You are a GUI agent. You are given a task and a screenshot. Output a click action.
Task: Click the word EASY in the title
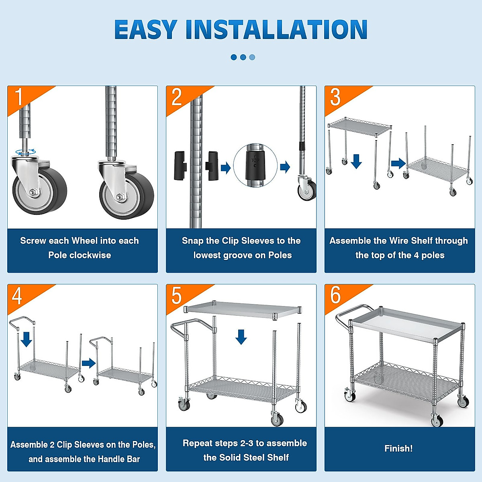coord(146,29)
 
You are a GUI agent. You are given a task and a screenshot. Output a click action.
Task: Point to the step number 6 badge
coord(335,295)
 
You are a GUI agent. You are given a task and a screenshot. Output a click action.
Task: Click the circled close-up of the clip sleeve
coord(255,165)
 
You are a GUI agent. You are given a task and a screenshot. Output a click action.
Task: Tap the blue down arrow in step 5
coord(241,337)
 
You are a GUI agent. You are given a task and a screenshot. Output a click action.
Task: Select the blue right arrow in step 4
coord(88,363)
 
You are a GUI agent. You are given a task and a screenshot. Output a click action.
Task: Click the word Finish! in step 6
coord(398,448)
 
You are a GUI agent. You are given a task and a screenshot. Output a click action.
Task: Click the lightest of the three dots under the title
coord(252,57)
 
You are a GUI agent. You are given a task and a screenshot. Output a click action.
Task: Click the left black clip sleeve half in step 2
coord(180,165)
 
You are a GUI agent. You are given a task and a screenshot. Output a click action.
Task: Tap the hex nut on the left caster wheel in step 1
coord(33,193)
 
